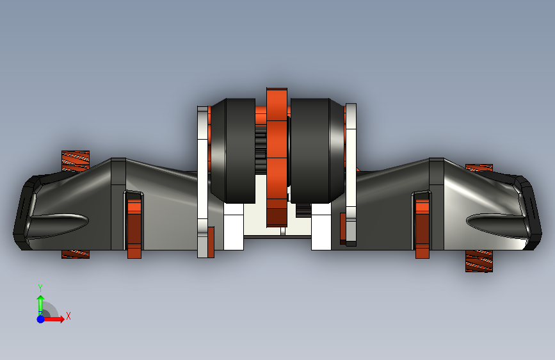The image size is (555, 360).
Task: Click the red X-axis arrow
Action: point(53,319)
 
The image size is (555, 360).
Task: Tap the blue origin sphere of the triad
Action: point(41,319)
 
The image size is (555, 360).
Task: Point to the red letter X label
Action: point(68,316)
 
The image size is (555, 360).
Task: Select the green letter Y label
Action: point(40,288)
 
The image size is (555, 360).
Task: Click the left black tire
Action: point(232,151)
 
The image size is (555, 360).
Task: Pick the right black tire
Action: point(318,151)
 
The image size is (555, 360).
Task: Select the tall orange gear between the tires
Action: point(277,157)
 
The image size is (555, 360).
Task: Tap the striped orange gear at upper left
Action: point(76,161)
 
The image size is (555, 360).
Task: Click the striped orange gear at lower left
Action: point(76,254)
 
